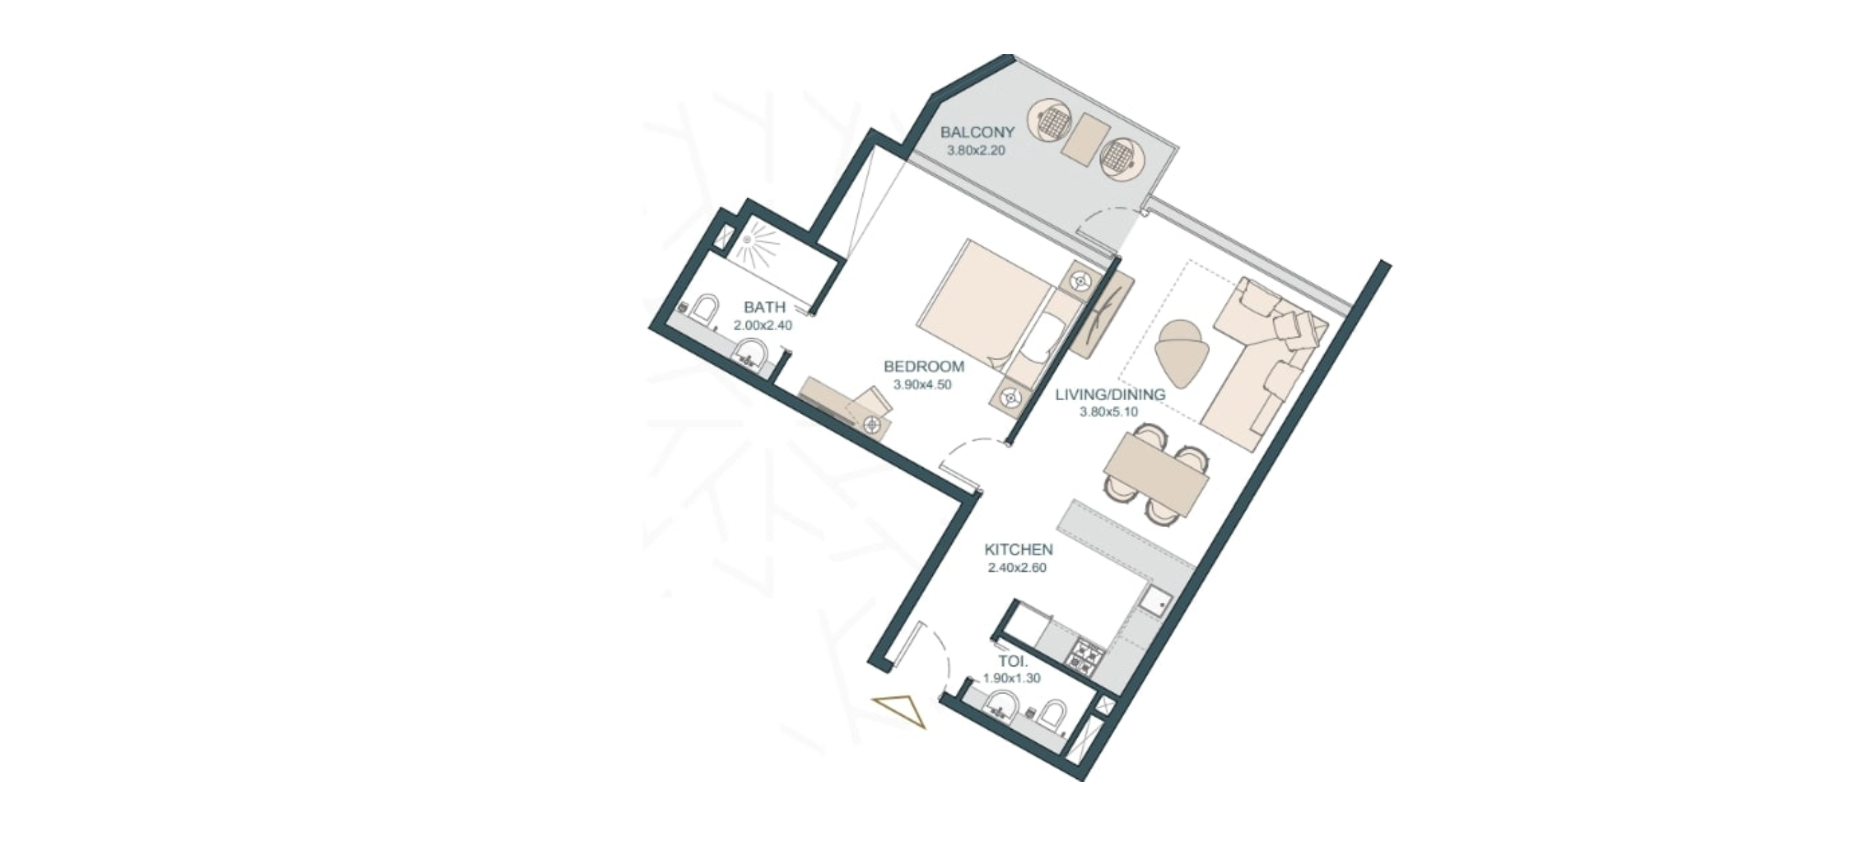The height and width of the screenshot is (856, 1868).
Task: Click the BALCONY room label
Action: [x=976, y=133]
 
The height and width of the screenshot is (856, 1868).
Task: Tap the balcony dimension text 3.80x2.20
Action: [x=976, y=151]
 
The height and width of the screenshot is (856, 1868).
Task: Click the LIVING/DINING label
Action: [x=1110, y=395]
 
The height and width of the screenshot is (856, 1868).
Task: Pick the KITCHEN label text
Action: [x=1018, y=550]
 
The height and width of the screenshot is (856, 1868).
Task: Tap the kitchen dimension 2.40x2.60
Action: [x=1016, y=569]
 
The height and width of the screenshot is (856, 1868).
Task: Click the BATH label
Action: [x=764, y=308]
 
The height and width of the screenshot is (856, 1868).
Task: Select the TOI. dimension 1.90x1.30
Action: [x=1011, y=679]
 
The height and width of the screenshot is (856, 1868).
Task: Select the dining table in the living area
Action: [x=1156, y=472]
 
